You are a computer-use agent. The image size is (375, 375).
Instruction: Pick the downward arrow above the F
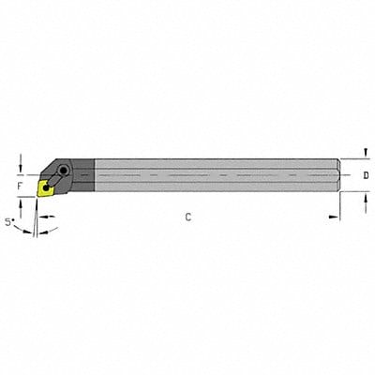click(21, 161)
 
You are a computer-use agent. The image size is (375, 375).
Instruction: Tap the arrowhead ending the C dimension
click(334, 217)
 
